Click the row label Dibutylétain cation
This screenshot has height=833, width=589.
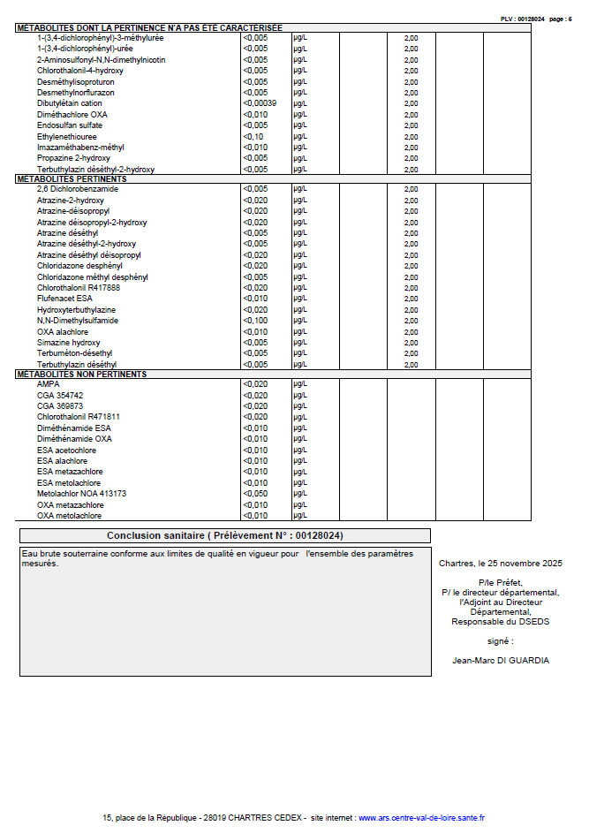[x=70, y=103]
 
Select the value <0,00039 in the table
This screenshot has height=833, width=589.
[x=260, y=103]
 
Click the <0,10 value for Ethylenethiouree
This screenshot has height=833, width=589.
[x=253, y=137]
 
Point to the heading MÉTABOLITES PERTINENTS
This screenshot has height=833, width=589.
[x=72, y=178]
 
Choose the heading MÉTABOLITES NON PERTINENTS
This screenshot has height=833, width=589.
[x=81, y=375]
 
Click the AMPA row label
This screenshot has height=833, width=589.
[x=48, y=384]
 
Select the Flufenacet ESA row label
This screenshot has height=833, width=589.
[x=64, y=299]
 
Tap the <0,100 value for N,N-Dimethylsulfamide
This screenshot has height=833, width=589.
[x=255, y=321]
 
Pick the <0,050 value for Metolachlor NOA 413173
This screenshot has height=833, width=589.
[x=255, y=494]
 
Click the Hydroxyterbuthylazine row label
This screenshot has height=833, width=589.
[x=76, y=310]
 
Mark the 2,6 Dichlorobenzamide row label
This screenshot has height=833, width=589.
[x=78, y=189]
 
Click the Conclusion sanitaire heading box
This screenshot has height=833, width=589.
[x=225, y=536]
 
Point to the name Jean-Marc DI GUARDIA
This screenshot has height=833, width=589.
[x=500, y=660]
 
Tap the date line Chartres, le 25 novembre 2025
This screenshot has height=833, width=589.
[x=500, y=563]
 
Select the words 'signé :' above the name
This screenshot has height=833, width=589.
[x=500, y=640]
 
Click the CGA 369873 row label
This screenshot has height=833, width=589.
[x=60, y=406]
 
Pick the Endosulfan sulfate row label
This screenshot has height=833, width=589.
[x=69, y=125]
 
